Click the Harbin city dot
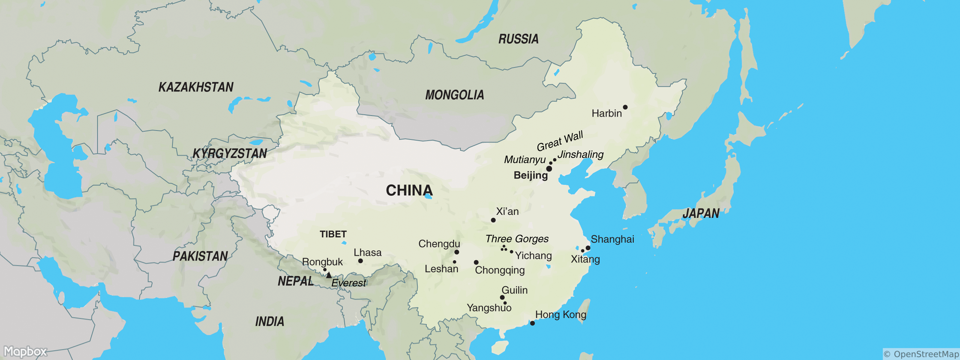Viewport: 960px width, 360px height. [x=625, y=107]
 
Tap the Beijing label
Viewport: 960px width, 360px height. [x=530, y=175]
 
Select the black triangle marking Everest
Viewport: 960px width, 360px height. [x=329, y=275]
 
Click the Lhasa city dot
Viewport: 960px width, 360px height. [x=360, y=261]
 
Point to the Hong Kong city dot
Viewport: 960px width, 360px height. [x=532, y=323]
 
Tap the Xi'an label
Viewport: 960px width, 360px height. [x=507, y=211]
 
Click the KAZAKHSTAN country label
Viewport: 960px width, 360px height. [x=196, y=87]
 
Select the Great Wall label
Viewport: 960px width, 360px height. [x=560, y=141]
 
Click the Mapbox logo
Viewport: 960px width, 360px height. [x=25, y=351]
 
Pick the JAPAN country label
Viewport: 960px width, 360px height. [x=700, y=214]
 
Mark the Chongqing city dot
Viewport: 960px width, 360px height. [x=476, y=262]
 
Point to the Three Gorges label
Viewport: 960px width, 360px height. [x=517, y=238]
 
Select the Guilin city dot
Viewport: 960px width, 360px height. [x=502, y=297]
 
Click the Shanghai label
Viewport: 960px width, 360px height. [x=612, y=239]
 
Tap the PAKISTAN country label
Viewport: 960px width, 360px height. [x=200, y=256]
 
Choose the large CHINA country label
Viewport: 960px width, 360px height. [x=409, y=190]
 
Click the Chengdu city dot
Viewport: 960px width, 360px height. [x=457, y=252]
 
